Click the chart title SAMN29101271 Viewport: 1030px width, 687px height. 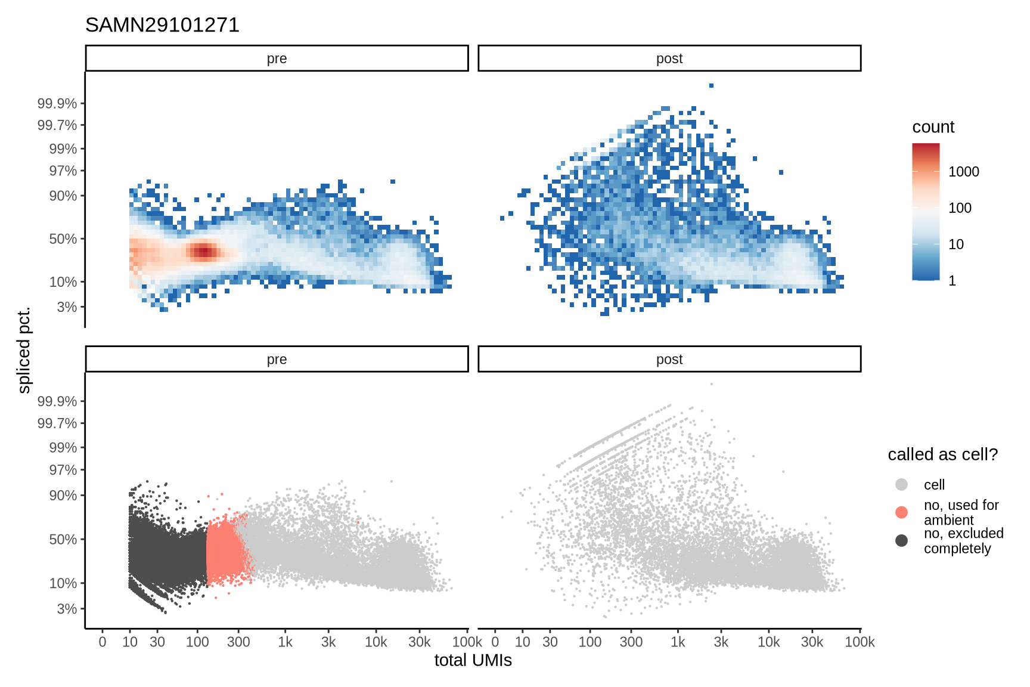(162, 25)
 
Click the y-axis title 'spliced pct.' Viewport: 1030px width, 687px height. (24, 351)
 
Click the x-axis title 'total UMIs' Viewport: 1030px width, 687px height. (473, 660)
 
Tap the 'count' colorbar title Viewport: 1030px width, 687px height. (933, 127)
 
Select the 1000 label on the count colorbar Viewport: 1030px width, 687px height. (963, 172)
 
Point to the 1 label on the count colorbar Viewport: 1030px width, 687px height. (952, 281)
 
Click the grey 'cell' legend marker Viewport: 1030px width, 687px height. (901, 484)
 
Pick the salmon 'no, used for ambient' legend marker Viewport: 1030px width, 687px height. (901, 512)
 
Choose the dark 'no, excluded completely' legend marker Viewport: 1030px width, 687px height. (901, 540)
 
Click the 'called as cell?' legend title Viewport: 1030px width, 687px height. (942, 454)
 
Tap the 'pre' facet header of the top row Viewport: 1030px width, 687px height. (277, 58)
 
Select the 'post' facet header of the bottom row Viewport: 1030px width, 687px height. (669, 359)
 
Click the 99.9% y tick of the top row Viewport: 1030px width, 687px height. (57, 104)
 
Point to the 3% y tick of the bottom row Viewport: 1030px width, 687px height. (67, 609)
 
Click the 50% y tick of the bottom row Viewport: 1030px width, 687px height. (63, 539)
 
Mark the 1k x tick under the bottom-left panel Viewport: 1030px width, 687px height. (285, 642)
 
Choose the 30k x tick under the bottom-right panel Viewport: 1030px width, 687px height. (812, 642)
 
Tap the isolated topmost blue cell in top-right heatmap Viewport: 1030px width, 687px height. (711, 85)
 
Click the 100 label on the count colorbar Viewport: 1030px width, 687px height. (960, 208)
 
